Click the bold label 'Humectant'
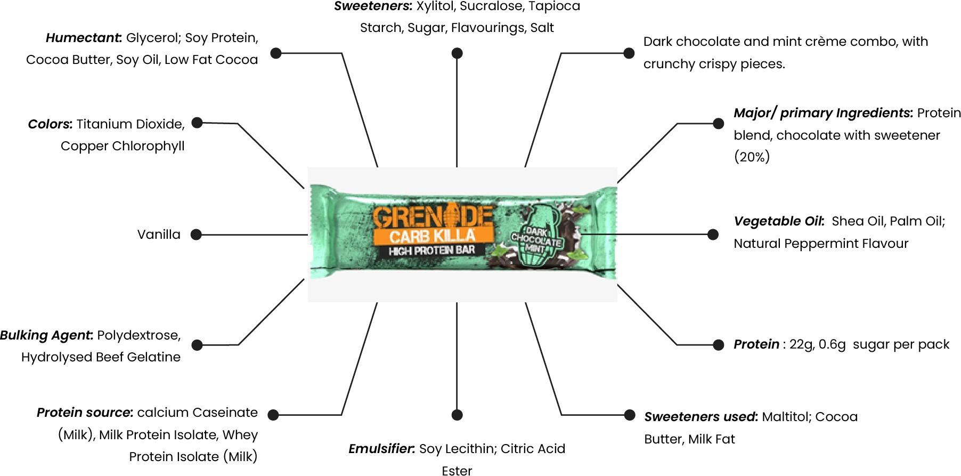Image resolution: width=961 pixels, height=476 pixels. pos(84,38)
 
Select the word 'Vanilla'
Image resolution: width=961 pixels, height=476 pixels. pos(159,235)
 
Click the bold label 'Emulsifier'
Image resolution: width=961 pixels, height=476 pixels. pos(381,449)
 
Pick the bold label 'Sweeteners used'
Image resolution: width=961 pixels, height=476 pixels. pos(701,417)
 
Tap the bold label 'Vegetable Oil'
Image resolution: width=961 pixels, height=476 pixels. pos(779,221)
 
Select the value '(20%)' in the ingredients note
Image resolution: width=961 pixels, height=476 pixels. pos(752,157)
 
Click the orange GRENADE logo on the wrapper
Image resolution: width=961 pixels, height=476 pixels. pos(432,217)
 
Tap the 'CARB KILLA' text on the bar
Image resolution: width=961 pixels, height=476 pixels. pos(432,236)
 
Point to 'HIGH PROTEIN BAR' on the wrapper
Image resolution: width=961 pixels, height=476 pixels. pos(432,251)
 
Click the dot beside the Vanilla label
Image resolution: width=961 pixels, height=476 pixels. pos(196,235)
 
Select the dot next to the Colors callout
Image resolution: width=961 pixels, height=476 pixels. pos(197,123)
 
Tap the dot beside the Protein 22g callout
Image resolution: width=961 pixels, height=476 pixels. pos(718,345)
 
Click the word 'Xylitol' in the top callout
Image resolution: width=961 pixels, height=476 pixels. pos(435,6)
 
